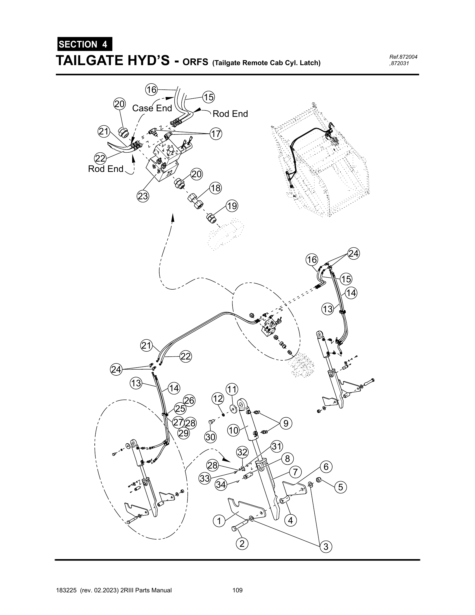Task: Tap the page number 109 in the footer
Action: [x=237, y=590]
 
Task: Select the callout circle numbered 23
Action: [x=143, y=196]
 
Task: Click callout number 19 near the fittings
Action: [x=232, y=206]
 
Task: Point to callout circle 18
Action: [x=215, y=188]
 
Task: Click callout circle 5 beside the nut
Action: [x=341, y=487]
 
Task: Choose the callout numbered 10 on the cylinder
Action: [x=233, y=430]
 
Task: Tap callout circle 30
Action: [x=210, y=437]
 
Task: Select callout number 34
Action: [x=221, y=485]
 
